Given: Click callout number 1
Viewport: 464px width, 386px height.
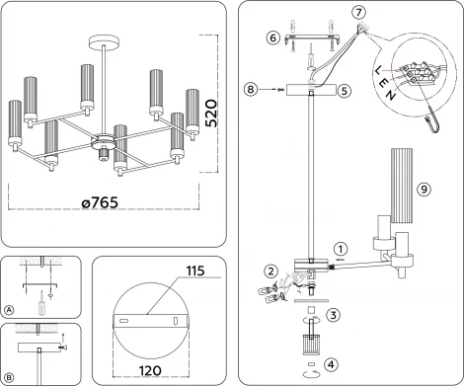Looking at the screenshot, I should [340, 249].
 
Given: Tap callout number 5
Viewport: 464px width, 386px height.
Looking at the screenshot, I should [343, 89].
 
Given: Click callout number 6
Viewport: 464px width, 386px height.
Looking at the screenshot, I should [272, 39].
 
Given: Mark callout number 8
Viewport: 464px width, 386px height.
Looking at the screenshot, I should [253, 90].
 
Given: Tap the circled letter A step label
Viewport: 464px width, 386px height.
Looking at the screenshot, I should [10, 308].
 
